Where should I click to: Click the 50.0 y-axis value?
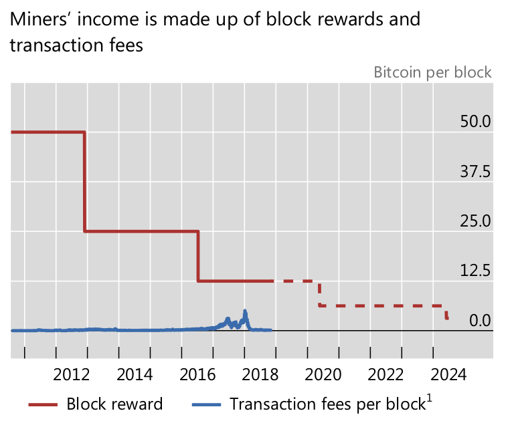pos(475,122)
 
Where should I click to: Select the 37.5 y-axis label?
pos(475,171)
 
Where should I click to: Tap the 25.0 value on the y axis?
pos(475,221)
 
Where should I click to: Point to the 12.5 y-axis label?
pos(475,271)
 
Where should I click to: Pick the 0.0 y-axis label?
pos(479,320)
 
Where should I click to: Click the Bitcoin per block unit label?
pos(432,72)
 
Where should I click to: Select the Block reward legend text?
pos(114,404)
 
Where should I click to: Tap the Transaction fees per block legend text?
pos(326,404)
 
